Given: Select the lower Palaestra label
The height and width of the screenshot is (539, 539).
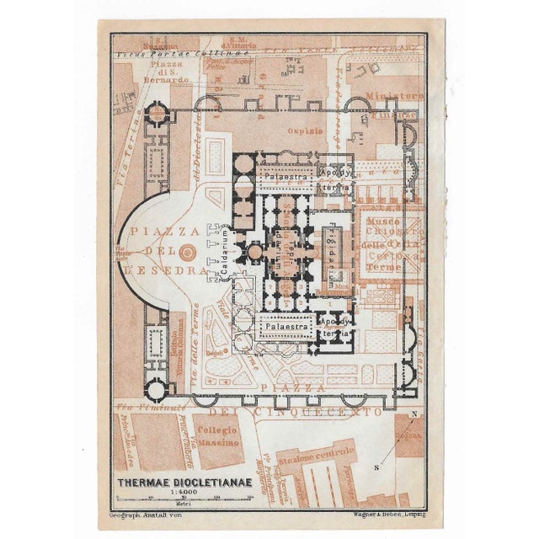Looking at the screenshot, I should [285, 325].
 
